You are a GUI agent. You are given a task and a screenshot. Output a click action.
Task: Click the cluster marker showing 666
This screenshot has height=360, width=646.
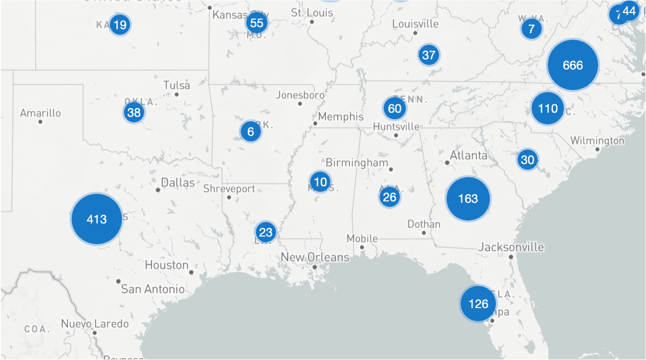[573, 65]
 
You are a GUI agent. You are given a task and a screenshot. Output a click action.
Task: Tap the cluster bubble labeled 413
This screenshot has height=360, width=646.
[97, 219]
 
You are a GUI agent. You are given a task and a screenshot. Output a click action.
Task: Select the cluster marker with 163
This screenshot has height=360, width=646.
[468, 199]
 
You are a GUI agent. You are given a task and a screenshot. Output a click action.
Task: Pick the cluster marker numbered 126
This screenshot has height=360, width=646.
[478, 303]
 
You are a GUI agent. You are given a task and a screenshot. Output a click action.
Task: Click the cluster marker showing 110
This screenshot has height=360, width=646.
[548, 108]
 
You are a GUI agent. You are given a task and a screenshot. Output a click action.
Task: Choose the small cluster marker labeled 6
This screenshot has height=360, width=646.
[250, 131]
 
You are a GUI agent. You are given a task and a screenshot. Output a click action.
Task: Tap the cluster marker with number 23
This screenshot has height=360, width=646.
[266, 232]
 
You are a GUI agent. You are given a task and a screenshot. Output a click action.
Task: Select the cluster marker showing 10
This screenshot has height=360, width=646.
[320, 182]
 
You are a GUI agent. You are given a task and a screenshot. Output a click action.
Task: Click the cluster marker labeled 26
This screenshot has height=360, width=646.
[389, 197]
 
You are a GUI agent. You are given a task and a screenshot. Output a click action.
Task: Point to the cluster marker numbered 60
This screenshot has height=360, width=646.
[395, 108]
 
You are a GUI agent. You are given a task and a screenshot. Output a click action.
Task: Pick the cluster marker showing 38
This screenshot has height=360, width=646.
[134, 113]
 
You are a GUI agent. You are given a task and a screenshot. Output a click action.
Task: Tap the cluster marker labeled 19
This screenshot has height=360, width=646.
[120, 25]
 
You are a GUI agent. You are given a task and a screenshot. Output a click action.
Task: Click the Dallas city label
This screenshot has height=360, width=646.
[178, 183]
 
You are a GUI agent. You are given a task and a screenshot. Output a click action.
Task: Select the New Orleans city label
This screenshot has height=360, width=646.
[315, 257]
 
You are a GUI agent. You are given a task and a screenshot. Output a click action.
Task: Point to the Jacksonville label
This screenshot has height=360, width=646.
[511, 247]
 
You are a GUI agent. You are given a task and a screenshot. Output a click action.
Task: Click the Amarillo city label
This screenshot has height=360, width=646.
[41, 113]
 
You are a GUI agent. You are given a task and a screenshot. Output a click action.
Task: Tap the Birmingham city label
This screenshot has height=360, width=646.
[357, 162]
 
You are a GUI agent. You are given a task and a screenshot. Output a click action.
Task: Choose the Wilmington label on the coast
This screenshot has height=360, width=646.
[597, 141]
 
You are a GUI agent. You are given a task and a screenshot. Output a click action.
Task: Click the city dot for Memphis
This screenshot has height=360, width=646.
[315, 124]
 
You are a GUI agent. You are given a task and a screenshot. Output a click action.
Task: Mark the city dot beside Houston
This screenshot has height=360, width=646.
[191, 273]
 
